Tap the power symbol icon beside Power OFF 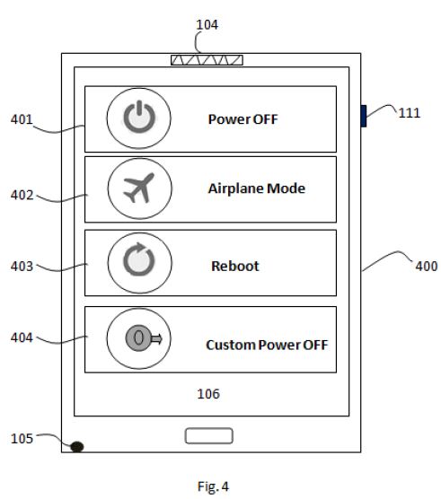pyautogui.click(x=139, y=117)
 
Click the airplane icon pyautogui.click(x=139, y=188)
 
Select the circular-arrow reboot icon pyautogui.click(x=139, y=259)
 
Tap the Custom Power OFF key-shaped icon pyautogui.click(x=144, y=338)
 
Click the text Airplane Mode pyautogui.click(x=257, y=188)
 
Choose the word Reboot pyautogui.click(x=235, y=266)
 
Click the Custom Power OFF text pyautogui.click(x=267, y=345)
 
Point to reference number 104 pyautogui.click(x=207, y=25)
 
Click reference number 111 pyautogui.click(x=410, y=113)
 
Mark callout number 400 pyautogui.click(x=427, y=266)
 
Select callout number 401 pyautogui.click(x=22, y=119)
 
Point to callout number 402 pyautogui.click(x=22, y=195)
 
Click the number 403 pyautogui.click(x=22, y=266)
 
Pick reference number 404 pyautogui.click(x=22, y=337)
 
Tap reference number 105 pyautogui.click(x=22, y=439)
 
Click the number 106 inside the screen pyautogui.click(x=208, y=394)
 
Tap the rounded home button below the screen pyautogui.click(x=209, y=435)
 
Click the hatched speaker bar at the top pyautogui.click(x=207, y=60)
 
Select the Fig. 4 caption pyautogui.click(x=213, y=486)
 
